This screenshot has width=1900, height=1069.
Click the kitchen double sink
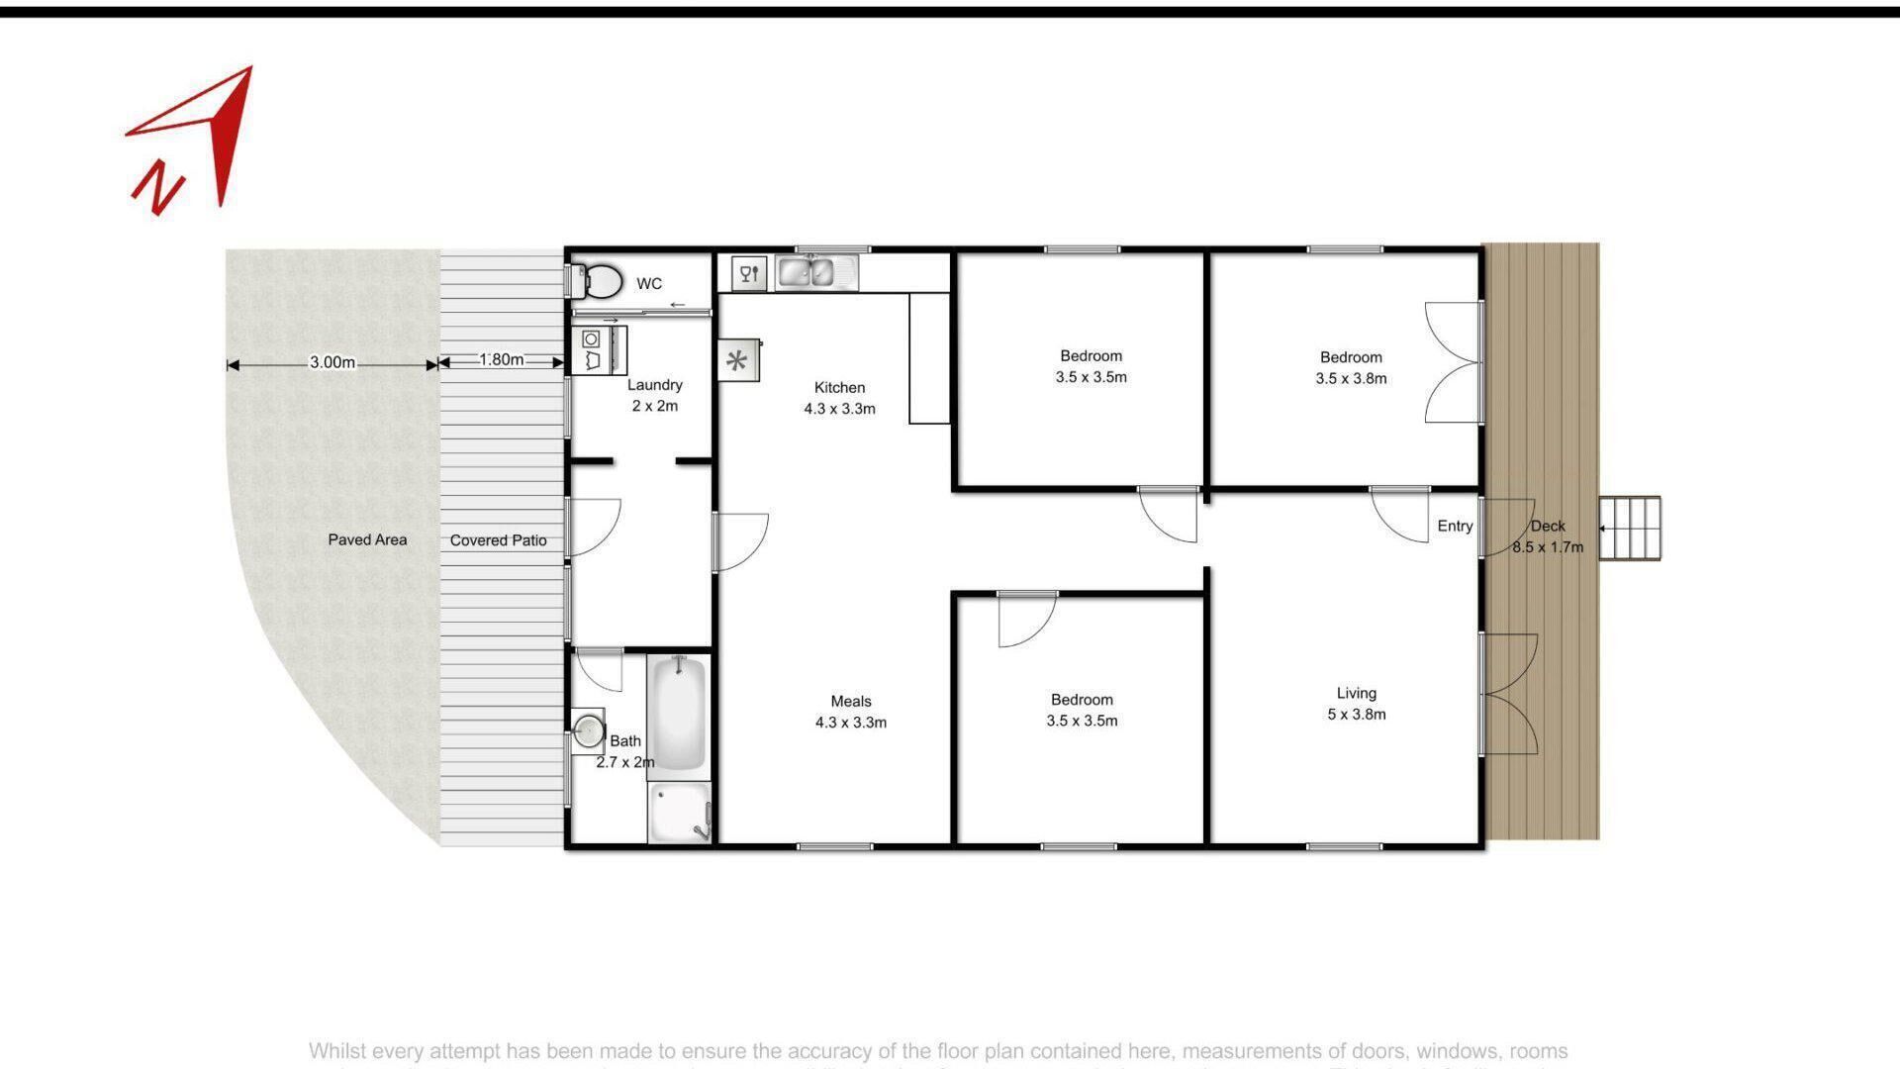pos(807,271)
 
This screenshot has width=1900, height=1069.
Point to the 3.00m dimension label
pos(332,362)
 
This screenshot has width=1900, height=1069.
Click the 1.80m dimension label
pos(501,359)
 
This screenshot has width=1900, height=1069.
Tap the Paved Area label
pos(367,539)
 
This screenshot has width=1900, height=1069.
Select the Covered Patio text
pos(498,540)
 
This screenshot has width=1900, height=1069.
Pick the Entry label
pos(1455,526)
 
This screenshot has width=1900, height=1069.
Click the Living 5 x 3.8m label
pos(1356,704)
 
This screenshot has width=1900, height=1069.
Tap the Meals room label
pos(850,712)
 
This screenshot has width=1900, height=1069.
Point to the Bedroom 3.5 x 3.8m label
pos(1351,367)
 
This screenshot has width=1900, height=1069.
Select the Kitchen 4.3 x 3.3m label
pos(839,398)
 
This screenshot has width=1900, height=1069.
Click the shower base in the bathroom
pos(680,812)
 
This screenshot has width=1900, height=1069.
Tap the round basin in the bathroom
pos(589,731)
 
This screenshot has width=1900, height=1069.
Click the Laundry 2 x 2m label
pos(654,395)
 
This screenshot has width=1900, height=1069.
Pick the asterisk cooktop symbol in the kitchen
pos(737,361)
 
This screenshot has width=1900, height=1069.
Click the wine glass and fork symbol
pos(749,273)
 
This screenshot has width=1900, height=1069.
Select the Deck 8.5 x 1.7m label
pos(1548,536)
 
